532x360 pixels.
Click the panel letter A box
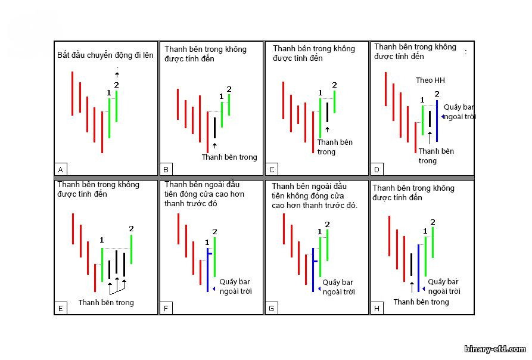point(61,169)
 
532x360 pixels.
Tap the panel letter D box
point(377,169)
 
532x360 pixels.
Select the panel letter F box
point(166,308)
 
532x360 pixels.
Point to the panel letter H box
point(377,308)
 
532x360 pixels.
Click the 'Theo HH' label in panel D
point(430,80)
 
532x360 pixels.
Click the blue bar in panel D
point(437,121)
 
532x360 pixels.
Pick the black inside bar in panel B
point(215,128)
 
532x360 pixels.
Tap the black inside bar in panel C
point(328,112)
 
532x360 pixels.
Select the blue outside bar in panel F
point(208,270)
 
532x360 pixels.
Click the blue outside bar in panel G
point(313,270)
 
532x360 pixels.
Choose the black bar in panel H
point(412,265)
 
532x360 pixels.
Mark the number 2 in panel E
point(131,229)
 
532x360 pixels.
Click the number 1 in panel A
point(108,92)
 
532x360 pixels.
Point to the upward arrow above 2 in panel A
point(117,75)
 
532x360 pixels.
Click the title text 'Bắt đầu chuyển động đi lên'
point(105,55)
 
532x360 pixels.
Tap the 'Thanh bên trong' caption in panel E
point(106,302)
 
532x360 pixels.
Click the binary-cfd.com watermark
point(495,349)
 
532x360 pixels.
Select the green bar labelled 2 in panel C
point(335,102)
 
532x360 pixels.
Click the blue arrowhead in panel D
point(443,117)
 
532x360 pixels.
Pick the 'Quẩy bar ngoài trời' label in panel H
point(444,286)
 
